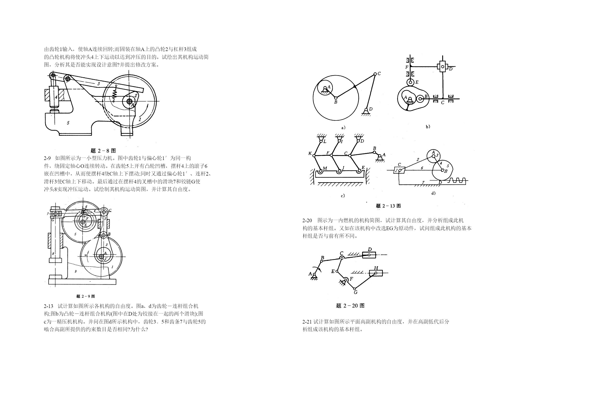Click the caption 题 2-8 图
pos(103,151)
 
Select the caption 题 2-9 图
pos(86,296)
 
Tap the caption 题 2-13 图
pos(388,206)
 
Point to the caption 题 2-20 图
pos(350,306)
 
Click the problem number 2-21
pos(307,322)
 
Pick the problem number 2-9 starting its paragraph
pos(47,158)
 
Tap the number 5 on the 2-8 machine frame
pos(68,123)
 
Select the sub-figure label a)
pos(343,128)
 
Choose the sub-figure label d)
pos(433,193)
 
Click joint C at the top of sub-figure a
pos(375,74)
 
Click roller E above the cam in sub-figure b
pos(410,82)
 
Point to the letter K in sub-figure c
pos(310,153)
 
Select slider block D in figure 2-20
pos(369,255)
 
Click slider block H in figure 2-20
pos(376,273)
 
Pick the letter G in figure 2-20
pos(356,292)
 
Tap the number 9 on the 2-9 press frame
pos(76,271)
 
